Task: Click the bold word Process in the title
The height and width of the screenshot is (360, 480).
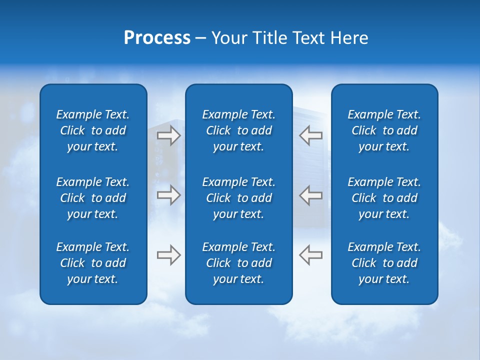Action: (157, 38)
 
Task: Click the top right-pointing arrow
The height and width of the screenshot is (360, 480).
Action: (168, 135)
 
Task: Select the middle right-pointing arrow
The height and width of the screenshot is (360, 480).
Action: (168, 195)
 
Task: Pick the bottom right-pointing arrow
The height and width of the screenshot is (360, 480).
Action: (168, 255)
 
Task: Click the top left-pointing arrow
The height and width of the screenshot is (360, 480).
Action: (311, 135)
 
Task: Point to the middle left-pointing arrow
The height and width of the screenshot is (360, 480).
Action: (311, 195)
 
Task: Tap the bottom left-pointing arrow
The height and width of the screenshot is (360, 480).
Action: (311, 255)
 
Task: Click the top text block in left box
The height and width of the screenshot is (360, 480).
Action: (93, 130)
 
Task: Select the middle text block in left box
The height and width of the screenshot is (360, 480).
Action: (93, 198)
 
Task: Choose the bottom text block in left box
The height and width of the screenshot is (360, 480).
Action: (93, 263)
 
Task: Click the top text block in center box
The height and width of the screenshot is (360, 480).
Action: (238, 130)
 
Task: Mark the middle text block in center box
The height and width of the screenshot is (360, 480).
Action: (238, 198)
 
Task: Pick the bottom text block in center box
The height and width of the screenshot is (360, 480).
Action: (238, 263)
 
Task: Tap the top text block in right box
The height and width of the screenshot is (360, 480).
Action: (384, 130)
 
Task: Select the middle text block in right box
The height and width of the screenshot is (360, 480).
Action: (384, 198)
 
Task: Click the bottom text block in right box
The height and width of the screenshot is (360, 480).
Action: (384, 263)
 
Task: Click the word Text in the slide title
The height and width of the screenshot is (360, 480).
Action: (309, 38)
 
